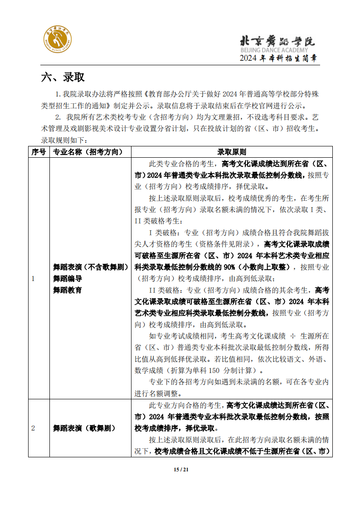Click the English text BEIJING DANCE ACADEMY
(x=273, y=50)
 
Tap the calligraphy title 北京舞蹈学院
(x=277, y=41)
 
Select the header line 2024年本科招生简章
(x=278, y=58)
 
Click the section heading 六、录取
(x=63, y=77)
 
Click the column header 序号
(x=39, y=152)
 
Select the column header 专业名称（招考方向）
(x=90, y=152)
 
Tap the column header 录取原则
(x=232, y=152)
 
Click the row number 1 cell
(x=33, y=279)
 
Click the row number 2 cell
(x=33, y=428)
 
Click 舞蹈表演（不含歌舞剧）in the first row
(x=90, y=267)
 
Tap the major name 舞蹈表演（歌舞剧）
(x=84, y=428)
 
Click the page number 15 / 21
(x=180, y=469)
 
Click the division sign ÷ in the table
(x=292, y=336)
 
